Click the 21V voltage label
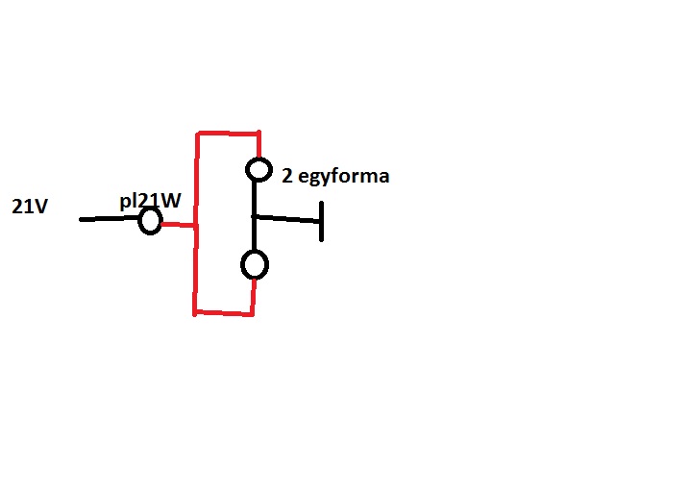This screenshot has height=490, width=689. pos(30,207)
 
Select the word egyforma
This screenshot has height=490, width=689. pos(342,176)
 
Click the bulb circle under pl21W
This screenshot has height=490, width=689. pos(149,222)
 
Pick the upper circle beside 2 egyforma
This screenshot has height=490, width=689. pos(258,170)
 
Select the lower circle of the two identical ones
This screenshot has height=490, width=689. pos(254,264)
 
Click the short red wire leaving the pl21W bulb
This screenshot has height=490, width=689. pos(178,226)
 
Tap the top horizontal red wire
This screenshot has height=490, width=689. pos(228,133)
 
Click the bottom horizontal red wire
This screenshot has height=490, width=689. pos(223,312)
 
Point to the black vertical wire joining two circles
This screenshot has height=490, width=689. pos(255,216)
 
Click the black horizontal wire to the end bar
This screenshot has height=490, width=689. pos(286,220)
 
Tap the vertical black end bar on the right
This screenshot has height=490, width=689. pos(321,220)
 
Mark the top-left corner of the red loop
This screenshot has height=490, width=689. pos(197,134)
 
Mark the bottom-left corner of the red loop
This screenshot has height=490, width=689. pos(195,311)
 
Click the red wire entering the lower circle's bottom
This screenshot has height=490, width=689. pos(253,296)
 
